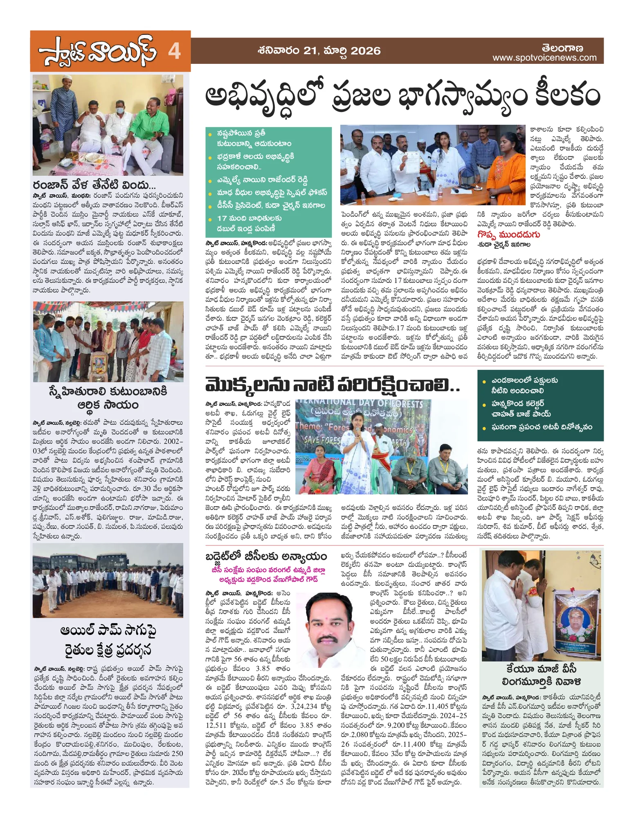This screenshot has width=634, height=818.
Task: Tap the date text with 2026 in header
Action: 319,51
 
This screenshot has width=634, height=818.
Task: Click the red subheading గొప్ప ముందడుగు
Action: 508,234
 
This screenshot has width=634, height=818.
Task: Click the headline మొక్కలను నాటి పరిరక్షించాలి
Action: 332,385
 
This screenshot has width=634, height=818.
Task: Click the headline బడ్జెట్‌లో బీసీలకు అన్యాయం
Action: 266,557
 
